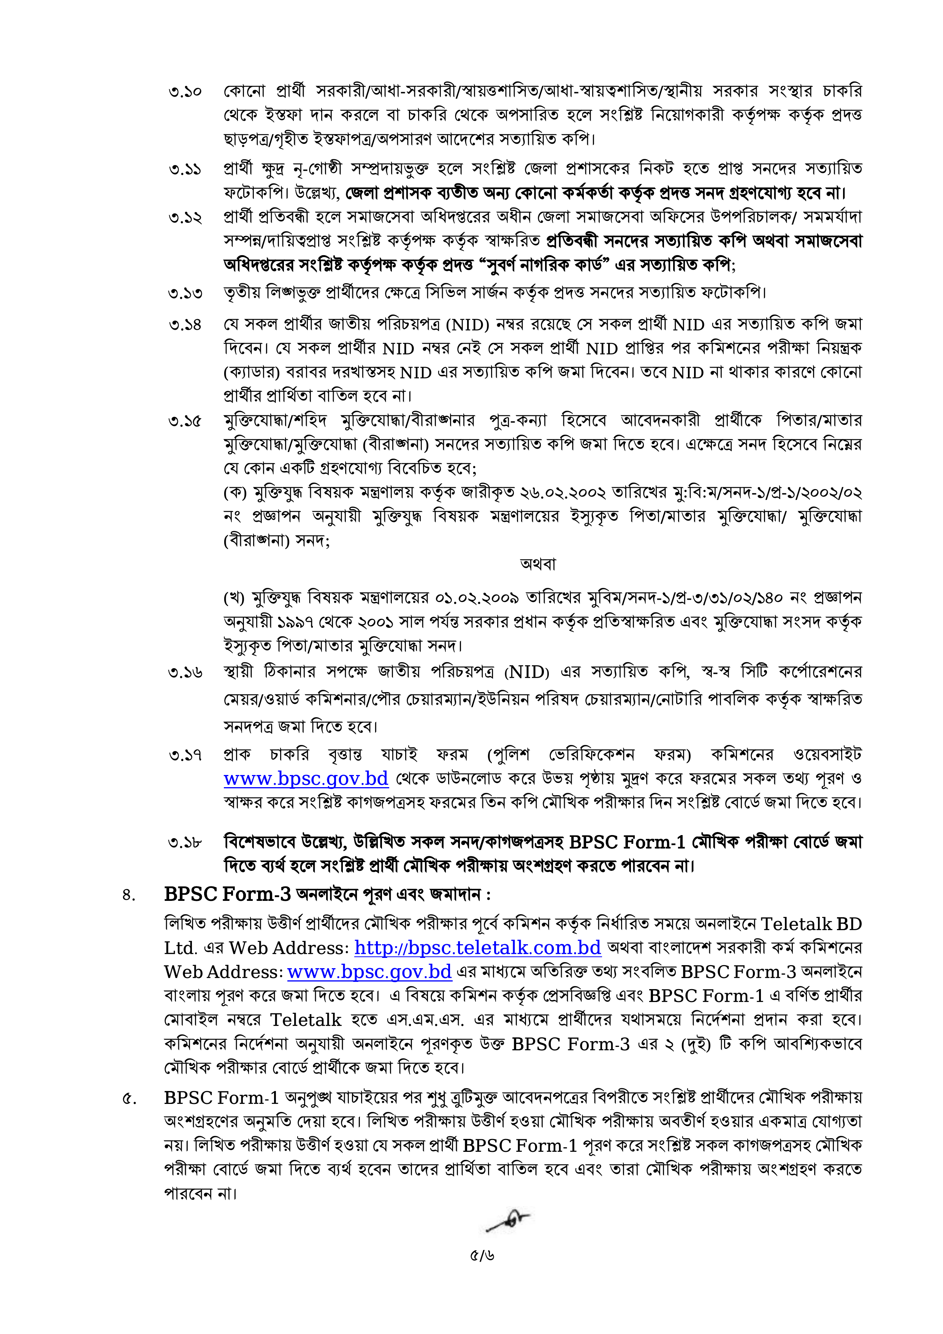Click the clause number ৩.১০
coord(185,92)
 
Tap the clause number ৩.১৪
coord(185,325)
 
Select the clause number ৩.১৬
coord(185,673)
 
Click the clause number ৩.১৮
coord(185,842)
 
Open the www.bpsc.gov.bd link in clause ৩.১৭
coord(306,778)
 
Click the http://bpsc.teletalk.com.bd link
coord(477,948)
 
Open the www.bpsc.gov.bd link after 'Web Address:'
coord(369,972)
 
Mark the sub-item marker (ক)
coord(236,493)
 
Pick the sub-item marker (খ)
coord(236,597)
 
